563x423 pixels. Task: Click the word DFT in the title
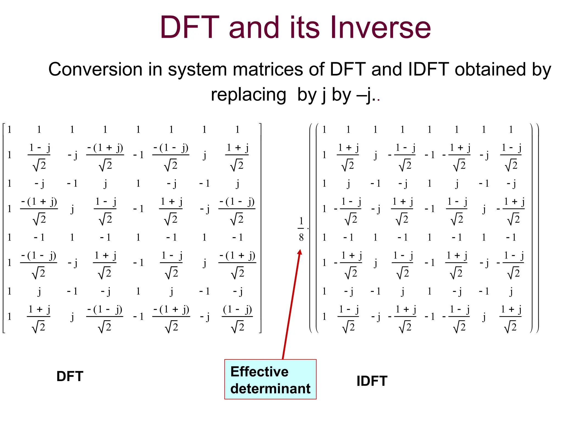coord(190,28)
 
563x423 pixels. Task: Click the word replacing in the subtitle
coord(249,95)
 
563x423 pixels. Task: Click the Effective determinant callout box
coord(270,379)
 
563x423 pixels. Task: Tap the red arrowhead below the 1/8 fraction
coord(300,252)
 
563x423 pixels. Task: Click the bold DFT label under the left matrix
coord(70,376)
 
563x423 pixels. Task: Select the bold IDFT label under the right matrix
coord(372,381)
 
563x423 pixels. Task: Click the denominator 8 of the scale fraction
coord(301,237)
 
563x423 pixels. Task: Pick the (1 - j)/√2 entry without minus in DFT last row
coord(237,318)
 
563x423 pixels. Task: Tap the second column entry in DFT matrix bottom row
coord(39,318)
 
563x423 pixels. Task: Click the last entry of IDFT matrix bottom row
coord(511,318)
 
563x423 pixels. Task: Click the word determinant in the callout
coord(270,389)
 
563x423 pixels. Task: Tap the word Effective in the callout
coord(259,372)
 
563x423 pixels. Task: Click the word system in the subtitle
coord(197,69)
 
